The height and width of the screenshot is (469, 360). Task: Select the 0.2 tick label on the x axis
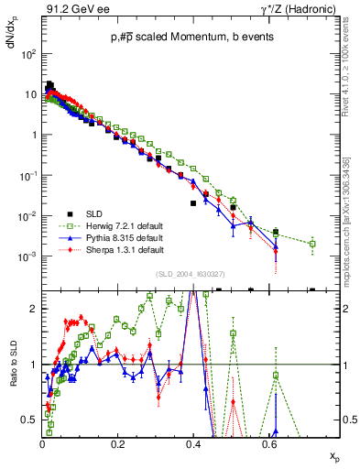[117, 442]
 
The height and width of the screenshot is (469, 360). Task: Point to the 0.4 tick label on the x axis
[192, 442]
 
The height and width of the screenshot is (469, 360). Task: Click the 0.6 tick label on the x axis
[267, 442]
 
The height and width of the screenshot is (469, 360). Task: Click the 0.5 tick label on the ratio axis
[29, 420]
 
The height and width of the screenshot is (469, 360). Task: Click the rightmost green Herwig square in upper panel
[312, 244]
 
